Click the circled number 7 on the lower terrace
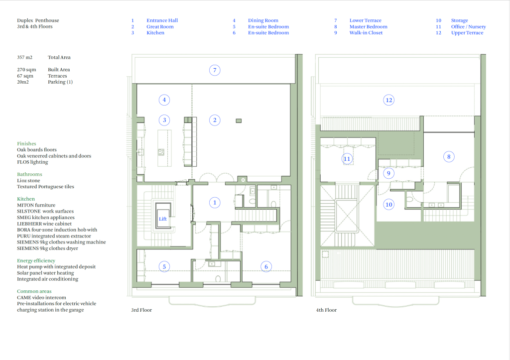click(x=215, y=70)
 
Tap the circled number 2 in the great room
click(x=215, y=120)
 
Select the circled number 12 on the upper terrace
click(x=388, y=100)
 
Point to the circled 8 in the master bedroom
click(x=449, y=157)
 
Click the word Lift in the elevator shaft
click(x=163, y=219)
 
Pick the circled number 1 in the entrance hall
click(x=215, y=203)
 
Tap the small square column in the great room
click(x=239, y=121)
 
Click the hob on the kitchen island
click(x=161, y=152)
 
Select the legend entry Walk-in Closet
click(x=366, y=33)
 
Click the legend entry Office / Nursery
click(x=468, y=27)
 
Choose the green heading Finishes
click(x=27, y=144)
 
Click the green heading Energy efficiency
click(x=36, y=261)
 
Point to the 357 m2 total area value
click(x=25, y=58)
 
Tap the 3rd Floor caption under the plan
click(x=141, y=310)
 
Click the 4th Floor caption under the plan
click(x=326, y=310)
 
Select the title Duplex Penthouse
click(x=38, y=20)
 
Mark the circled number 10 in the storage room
click(x=388, y=205)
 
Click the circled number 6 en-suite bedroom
click(x=266, y=267)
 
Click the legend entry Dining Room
click(x=263, y=20)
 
